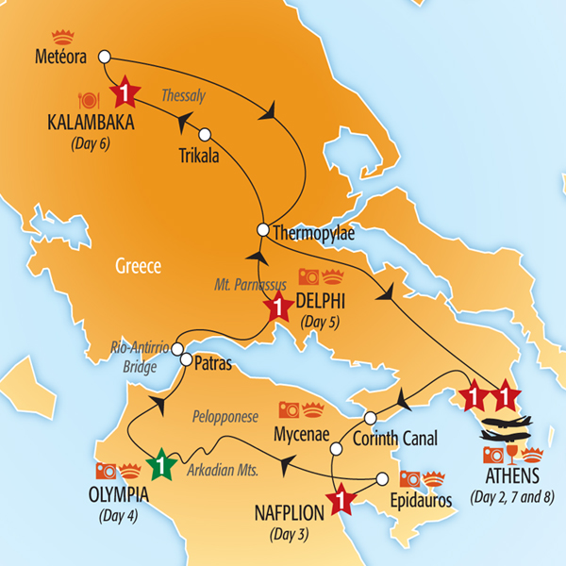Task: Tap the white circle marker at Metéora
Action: click(x=105, y=56)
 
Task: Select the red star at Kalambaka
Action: click(x=125, y=92)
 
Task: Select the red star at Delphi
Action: click(x=278, y=308)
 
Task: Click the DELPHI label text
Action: click(x=323, y=301)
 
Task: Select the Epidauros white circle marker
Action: click(x=382, y=478)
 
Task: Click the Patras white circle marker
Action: click(x=187, y=359)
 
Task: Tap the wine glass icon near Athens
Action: click(x=511, y=457)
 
